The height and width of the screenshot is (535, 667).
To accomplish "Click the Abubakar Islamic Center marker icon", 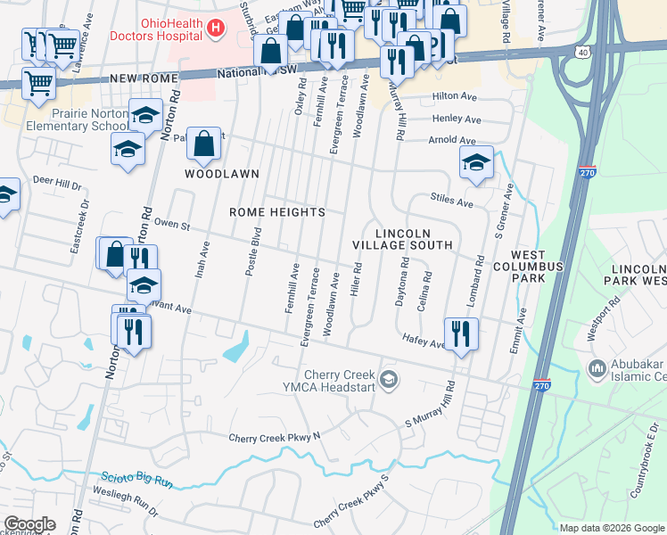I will (596, 367).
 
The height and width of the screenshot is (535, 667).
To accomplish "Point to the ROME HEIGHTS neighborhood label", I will (276, 212).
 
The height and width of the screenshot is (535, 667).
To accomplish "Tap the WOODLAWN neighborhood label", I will (222, 174).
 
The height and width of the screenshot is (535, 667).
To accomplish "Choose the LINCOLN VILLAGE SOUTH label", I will (402, 238).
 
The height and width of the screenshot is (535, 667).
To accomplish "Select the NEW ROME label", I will (140, 79).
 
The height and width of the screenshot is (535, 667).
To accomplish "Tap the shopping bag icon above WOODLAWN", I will (204, 143).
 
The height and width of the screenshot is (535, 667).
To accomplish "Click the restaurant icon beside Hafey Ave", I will (460, 333).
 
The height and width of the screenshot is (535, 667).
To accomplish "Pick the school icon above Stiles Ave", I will (476, 162).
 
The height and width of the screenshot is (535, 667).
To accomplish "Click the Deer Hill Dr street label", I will (56, 183).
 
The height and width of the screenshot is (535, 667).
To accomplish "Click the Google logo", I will (29, 524).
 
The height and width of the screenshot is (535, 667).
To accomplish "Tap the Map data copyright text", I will (612, 528).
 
